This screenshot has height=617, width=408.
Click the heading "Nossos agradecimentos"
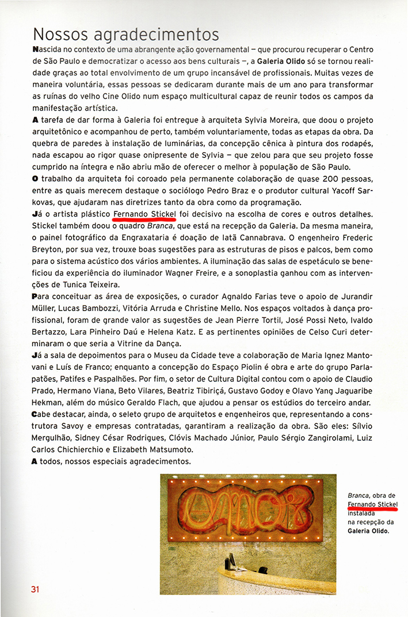tap(126, 35)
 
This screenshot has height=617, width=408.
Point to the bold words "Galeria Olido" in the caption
tap(368, 531)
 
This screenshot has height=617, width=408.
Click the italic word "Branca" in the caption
tap(359, 495)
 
